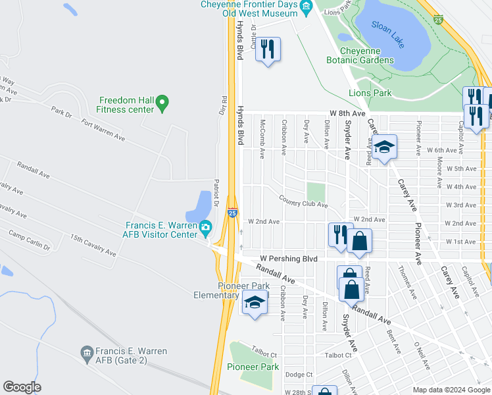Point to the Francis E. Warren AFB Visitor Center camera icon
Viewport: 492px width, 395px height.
pyautogui.click(x=206, y=228)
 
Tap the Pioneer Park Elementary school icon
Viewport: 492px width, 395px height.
pyautogui.click(x=253, y=302)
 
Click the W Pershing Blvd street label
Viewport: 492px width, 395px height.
pyautogui.click(x=287, y=258)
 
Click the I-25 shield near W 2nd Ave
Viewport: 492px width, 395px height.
pyautogui.click(x=233, y=213)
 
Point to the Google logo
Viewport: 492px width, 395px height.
pyautogui.click(x=22, y=387)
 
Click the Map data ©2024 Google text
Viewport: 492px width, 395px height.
pyautogui.click(x=451, y=390)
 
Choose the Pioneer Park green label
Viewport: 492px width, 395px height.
pyautogui.click(x=253, y=367)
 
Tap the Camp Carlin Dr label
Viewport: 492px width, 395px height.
pyautogui.click(x=29, y=240)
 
